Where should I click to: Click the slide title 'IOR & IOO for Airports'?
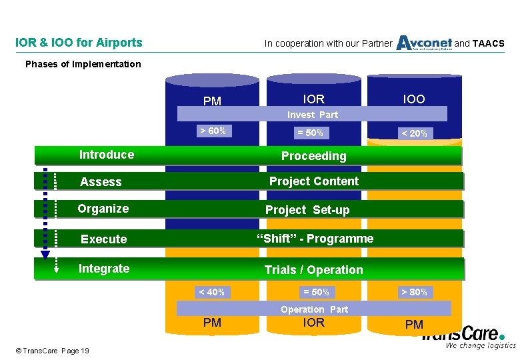click(x=79, y=43)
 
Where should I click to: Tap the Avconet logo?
click(x=424, y=43)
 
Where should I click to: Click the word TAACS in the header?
click(x=489, y=44)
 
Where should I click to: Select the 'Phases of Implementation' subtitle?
click(x=83, y=64)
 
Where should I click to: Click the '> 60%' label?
click(x=213, y=131)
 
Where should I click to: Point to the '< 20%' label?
click(x=414, y=133)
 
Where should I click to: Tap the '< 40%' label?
click(x=211, y=292)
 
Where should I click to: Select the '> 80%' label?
click(x=414, y=292)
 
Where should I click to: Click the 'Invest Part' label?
click(x=313, y=115)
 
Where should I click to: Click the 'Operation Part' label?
click(x=314, y=309)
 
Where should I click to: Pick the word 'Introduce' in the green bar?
click(x=107, y=155)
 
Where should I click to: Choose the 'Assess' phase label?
click(x=101, y=181)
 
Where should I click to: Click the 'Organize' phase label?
click(x=103, y=209)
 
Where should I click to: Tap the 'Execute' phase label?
click(x=103, y=239)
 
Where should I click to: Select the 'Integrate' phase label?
click(x=104, y=269)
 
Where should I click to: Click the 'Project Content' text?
click(x=313, y=181)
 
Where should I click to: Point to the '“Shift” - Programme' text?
click(x=315, y=239)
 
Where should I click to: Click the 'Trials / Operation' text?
click(x=313, y=270)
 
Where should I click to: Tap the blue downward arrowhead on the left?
click(x=45, y=254)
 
